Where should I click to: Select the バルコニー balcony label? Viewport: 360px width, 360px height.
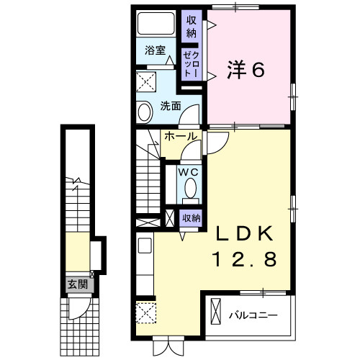pyautogui.click(x=251, y=315)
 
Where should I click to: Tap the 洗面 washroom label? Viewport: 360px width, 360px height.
pyautogui.click(x=171, y=105)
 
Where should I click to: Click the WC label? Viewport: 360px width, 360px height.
pyautogui.click(x=189, y=173)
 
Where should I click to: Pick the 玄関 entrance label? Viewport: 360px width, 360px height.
pyautogui.click(x=78, y=284)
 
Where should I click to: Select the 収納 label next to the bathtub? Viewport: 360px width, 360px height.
pyautogui.click(x=191, y=27)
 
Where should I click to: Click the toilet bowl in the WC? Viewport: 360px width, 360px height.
pyautogui.click(x=191, y=189)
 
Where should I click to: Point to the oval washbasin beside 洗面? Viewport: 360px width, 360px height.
pyautogui.click(x=145, y=112)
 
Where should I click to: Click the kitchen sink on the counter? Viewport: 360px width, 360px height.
pyautogui.click(x=143, y=246)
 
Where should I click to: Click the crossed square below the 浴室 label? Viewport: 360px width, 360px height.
pyautogui.click(x=147, y=80)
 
